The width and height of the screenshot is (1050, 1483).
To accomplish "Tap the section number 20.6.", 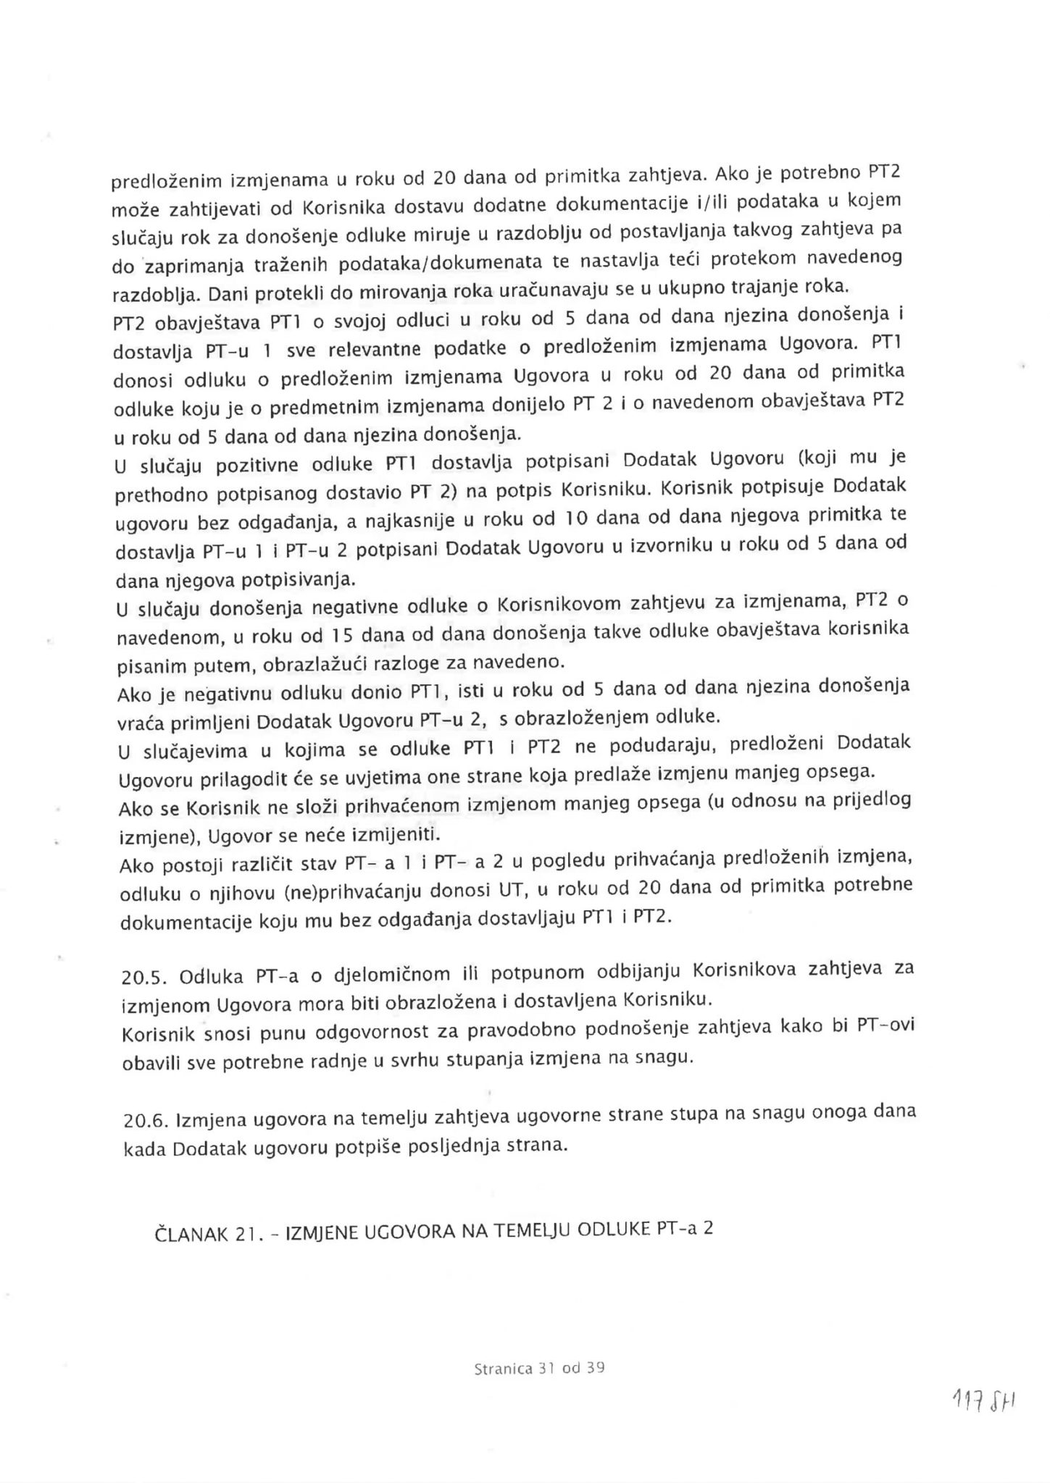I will [x=144, y=1122].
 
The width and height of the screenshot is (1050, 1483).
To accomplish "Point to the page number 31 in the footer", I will [x=546, y=1369].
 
